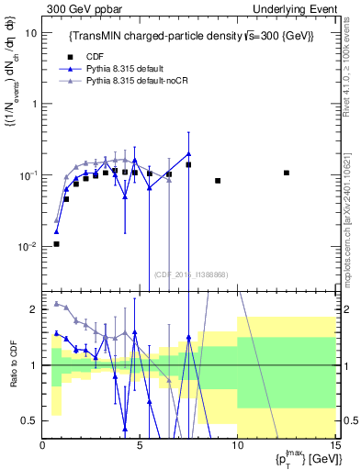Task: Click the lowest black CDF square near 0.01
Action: click(56, 243)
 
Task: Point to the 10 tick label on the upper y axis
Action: click(30, 32)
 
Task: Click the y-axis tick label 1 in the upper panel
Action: click(34, 104)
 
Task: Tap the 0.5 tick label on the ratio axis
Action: click(30, 420)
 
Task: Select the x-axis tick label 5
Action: click(140, 445)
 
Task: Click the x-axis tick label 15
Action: click(333, 445)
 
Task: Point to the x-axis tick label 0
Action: click(43, 445)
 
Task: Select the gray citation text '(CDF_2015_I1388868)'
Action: click(189, 273)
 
